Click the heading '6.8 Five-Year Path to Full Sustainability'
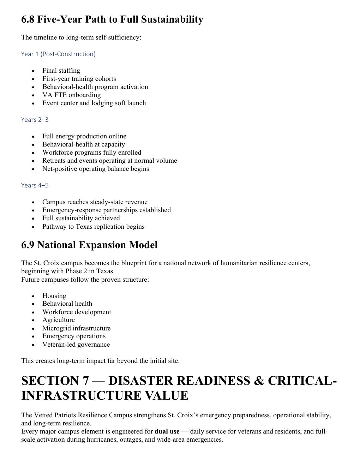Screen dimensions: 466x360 (112, 19)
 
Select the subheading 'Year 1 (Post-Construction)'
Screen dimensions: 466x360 (58, 54)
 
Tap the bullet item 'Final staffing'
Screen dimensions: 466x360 (61, 71)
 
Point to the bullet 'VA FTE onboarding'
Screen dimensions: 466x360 (71, 95)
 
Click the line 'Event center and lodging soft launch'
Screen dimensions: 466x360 (94, 103)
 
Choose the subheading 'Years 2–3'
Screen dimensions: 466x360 (35, 120)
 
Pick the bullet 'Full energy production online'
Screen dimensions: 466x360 (84, 136)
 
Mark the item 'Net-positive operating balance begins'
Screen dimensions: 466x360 (96, 169)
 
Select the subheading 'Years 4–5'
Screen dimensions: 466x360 (35, 185)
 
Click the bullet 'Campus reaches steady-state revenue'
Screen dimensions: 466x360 (95, 202)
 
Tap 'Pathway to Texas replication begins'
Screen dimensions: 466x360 (93, 227)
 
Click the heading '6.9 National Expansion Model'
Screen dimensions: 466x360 (89, 245)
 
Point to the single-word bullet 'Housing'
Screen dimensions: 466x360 (54, 296)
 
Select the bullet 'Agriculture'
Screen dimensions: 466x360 (59, 320)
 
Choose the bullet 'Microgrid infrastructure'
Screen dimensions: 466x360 (76, 328)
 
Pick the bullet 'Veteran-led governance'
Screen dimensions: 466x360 (76, 345)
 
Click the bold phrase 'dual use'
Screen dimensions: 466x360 (167, 431)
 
